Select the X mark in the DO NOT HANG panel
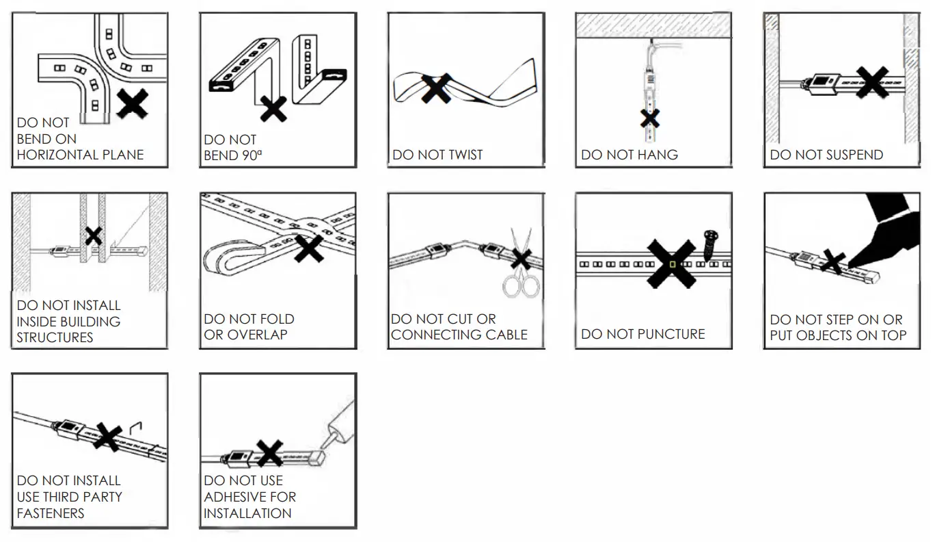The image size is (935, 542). [x=649, y=118]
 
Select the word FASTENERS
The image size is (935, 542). [x=51, y=513]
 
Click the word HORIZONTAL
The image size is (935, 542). [x=57, y=155]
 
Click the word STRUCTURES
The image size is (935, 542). [x=55, y=337]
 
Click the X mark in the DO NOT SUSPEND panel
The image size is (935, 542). [x=872, y=82]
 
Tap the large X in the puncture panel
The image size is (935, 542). [x=671, y=263]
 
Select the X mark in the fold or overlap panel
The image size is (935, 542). [x=309, y=247]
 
